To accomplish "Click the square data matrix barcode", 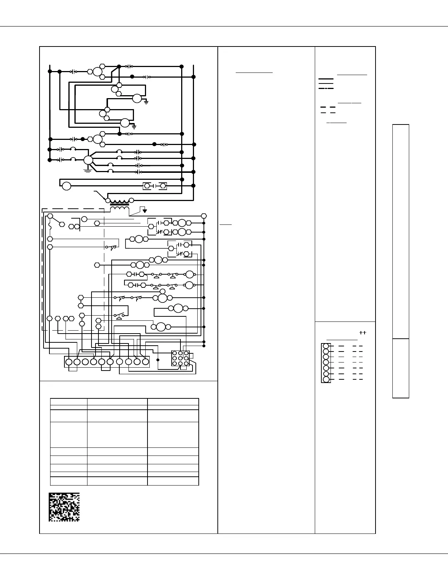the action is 64,507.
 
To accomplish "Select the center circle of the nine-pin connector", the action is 180,358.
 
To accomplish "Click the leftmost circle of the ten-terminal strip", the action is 68,362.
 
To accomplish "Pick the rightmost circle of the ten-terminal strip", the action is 146,362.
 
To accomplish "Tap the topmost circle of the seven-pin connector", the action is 326,346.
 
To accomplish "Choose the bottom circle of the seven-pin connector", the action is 326,379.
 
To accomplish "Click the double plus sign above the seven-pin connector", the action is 362,333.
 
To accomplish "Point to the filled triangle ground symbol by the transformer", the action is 145,211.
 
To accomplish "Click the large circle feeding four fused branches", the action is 88,160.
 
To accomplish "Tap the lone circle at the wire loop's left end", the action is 66,186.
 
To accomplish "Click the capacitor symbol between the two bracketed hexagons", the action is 155,186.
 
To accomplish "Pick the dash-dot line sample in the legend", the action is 326,89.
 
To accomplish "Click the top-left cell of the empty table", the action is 68,402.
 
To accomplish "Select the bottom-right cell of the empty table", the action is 173,481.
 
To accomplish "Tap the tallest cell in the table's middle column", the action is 117,435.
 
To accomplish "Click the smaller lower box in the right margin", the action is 400,368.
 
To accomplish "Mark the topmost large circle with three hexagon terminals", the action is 97,71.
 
